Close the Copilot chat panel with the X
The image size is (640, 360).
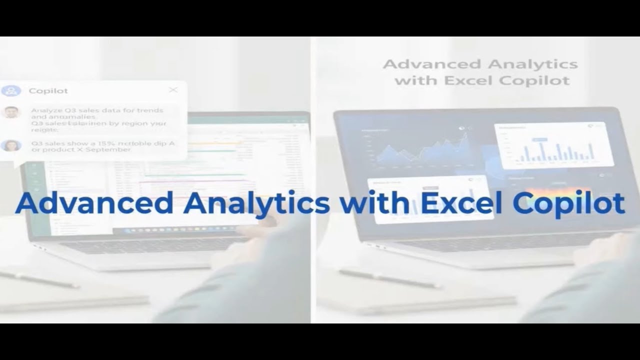(173, 90)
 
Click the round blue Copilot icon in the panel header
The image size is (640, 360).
(11, 91)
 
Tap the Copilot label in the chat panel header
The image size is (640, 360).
(48, 91)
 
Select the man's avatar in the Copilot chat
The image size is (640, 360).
(10, 112)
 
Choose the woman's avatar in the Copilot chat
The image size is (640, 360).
(10, 145)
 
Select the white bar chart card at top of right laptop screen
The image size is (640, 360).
(554, 145)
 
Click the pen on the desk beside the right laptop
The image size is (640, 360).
(390, 278)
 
